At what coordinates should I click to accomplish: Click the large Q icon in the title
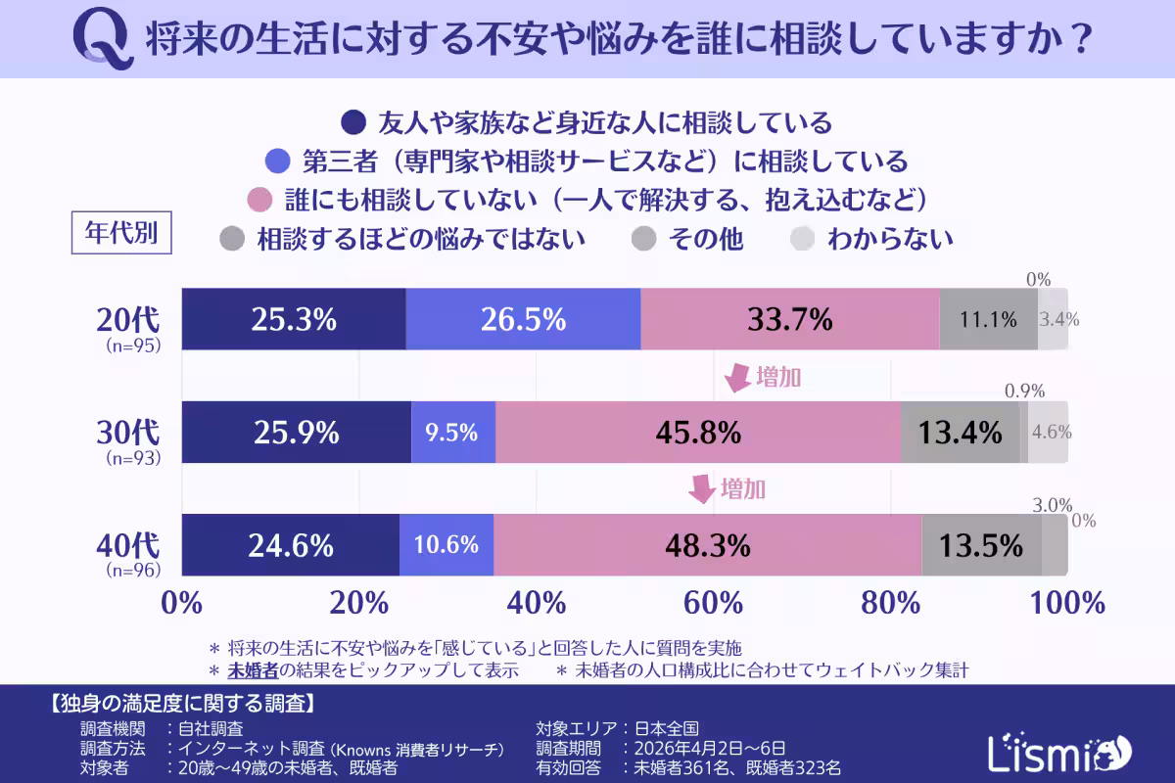point(103,40)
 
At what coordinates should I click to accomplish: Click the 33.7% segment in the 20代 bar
point(789,319)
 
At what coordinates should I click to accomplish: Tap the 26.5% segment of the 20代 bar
point(523,319)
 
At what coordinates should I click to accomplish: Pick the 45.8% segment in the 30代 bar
point(697,432)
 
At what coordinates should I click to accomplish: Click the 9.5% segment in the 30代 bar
point(452,432)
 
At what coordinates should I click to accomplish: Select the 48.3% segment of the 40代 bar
point(707,544)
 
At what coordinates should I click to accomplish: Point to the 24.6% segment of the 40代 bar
point(291,544)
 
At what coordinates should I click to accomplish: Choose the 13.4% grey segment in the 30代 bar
point(960,432)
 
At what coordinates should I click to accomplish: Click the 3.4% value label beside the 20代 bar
point(1058,319)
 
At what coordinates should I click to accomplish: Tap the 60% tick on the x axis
point(714,601)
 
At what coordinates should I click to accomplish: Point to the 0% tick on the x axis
point(183,601)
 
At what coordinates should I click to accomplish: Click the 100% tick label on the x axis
point(1066,601)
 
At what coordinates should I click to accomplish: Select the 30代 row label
point(127,432)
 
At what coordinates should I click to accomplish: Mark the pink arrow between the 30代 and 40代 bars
point(702,488)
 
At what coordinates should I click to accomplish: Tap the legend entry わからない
point(889,238)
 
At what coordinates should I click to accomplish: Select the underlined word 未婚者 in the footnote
point(253,671)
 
